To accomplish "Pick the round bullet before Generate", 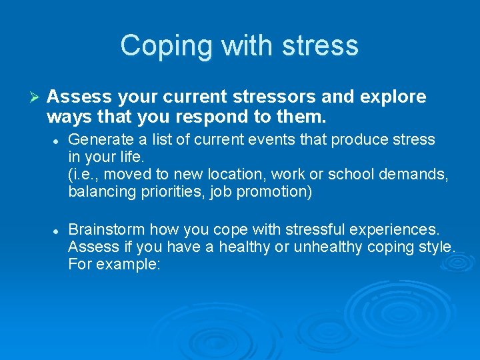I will (58, 141).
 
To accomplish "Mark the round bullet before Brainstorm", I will (58, 230).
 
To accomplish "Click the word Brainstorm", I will (105, 229).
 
